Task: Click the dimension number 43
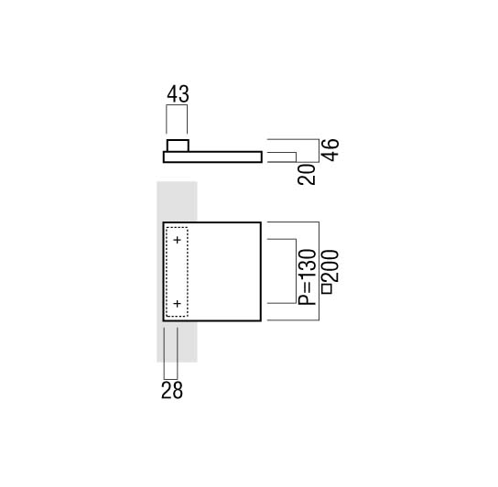(x=178, y=94)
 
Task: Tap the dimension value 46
(x=330, y=150)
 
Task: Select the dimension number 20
(x=307, y=175)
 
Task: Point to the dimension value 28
(x=172, y=390)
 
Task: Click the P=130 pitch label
(x=307, y=277)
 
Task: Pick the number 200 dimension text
(x=330, y=266)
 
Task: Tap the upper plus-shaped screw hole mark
(x=178, y=240)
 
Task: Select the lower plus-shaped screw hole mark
(x=178, y=304)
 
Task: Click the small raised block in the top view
(x=178, y=146)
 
